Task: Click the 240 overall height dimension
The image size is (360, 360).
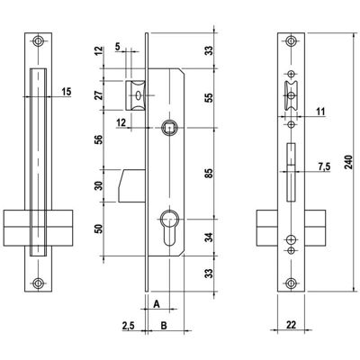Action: [x=349, y=162]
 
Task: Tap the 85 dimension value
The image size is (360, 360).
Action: [x=209, y=173]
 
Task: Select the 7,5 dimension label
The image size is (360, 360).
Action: [x=323, y=166]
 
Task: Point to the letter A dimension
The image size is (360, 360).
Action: [x=157, y=304]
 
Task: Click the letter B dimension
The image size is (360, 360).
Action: [x=164, y=325]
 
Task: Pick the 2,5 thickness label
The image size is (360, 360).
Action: [x=129, y=326]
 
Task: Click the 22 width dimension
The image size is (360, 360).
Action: [x=291, y=325]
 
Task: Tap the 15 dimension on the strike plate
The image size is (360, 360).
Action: [x=67, y=92]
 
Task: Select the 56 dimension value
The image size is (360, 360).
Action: [x=99, y=139]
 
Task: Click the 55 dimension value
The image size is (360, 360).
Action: [x=209, y=98]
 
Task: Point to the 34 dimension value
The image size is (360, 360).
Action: [x=209, y=238]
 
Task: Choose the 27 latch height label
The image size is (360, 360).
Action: [x=99, y=94]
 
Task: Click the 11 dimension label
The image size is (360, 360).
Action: [x=320, y=112]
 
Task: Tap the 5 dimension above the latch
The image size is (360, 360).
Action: [x=117, y=47]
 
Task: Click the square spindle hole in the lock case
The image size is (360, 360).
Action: [x=169, y=128]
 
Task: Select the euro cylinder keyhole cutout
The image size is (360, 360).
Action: [x=169, y=228]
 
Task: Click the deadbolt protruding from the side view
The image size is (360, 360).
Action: [x=131, y=186]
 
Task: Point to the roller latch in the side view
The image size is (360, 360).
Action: [x=136, y=95]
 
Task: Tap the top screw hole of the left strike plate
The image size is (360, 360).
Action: [x=38, y=41]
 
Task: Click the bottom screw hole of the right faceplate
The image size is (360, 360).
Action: [x=291, y=283]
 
